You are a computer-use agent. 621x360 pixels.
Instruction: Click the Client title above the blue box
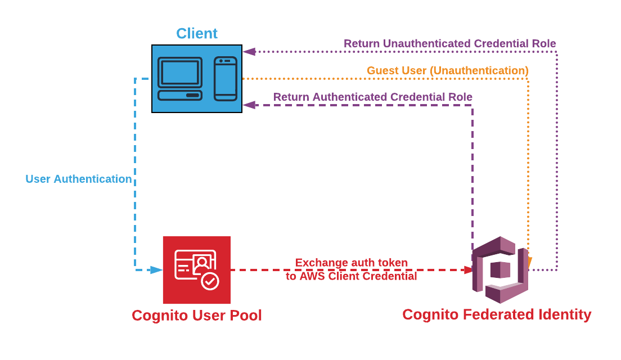coord(196,33)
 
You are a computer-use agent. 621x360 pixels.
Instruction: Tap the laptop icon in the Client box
coord(180,79)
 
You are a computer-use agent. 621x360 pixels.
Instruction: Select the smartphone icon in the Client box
coord(226,79)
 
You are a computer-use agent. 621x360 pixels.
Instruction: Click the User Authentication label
coord(79,179)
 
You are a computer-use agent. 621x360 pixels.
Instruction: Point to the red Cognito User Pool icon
coord(197,270)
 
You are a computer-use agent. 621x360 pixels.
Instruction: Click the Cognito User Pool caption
coord(197,316)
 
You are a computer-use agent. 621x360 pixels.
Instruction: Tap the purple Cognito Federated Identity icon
coord(500,270)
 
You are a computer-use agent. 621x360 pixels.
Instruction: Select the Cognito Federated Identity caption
coord(497,314)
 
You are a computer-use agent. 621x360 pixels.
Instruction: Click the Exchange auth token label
coord(352,263)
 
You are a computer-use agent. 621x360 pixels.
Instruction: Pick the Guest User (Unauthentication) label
coord(448,70)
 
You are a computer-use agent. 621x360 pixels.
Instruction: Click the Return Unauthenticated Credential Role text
coord(450,43)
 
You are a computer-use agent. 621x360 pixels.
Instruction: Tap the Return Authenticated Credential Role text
coord(373,97)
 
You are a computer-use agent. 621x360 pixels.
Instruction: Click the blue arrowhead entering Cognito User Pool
coord(156,270)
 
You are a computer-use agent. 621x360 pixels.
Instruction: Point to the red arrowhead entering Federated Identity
coord(469,270)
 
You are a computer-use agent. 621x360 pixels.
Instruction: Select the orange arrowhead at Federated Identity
coord(529,262)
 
